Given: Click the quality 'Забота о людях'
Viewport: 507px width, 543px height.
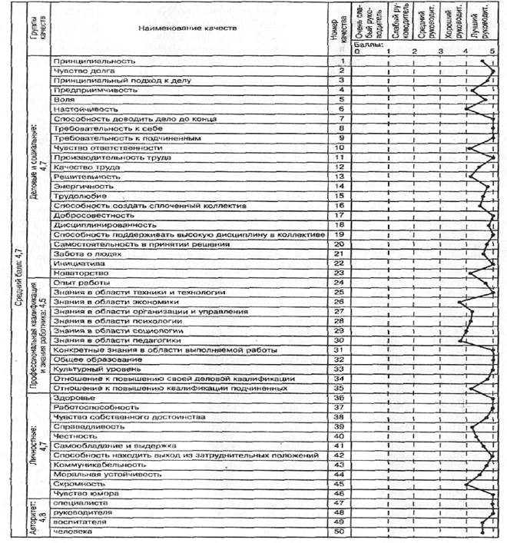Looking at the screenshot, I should pyautogui.click(x=81, y=253).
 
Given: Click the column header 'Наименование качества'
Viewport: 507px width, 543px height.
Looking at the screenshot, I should pyautogui.click(x=181, y=28).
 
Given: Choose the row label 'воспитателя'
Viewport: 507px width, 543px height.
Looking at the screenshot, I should pyautogui.click(x=78, y=522).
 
